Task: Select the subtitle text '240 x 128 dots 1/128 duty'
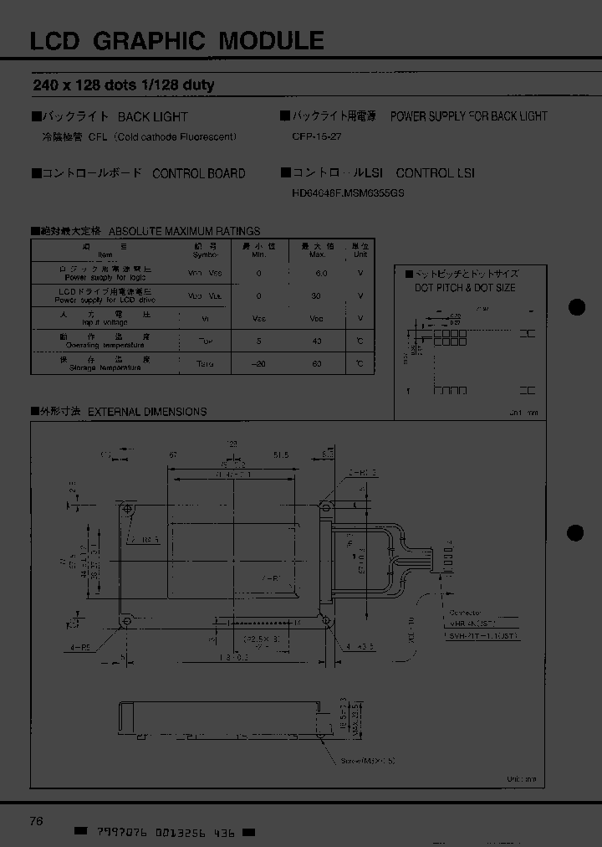pyautogui.click(x=123, y=85)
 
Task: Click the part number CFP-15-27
pyautogui.click(x=318, y=136)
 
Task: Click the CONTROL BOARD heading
pyautogui.click(x=198, y=173)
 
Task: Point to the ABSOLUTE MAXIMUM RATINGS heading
pyautogui.click(x=184, y=231)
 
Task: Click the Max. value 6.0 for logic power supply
pyautogui.click(x=322, y=274)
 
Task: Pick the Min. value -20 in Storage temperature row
pyautogui.click(x=262, y=364)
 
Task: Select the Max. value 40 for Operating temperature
pyautogui.click(x=316, y=341)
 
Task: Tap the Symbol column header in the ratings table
pyautogui.click(x=194, y=251)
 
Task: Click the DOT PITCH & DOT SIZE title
pyautogui.click(x=465, y=288)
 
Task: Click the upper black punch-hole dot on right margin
pyautogui.click(x=576, y=307)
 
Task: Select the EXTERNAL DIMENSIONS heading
pyautogui.click(x=146, y=412)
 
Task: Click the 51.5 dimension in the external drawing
pyautogui.click(x=281, y=455)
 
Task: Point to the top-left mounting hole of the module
pyautogui.click(x=128, y=506)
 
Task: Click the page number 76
pyautogui.click(x=36, y=821)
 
